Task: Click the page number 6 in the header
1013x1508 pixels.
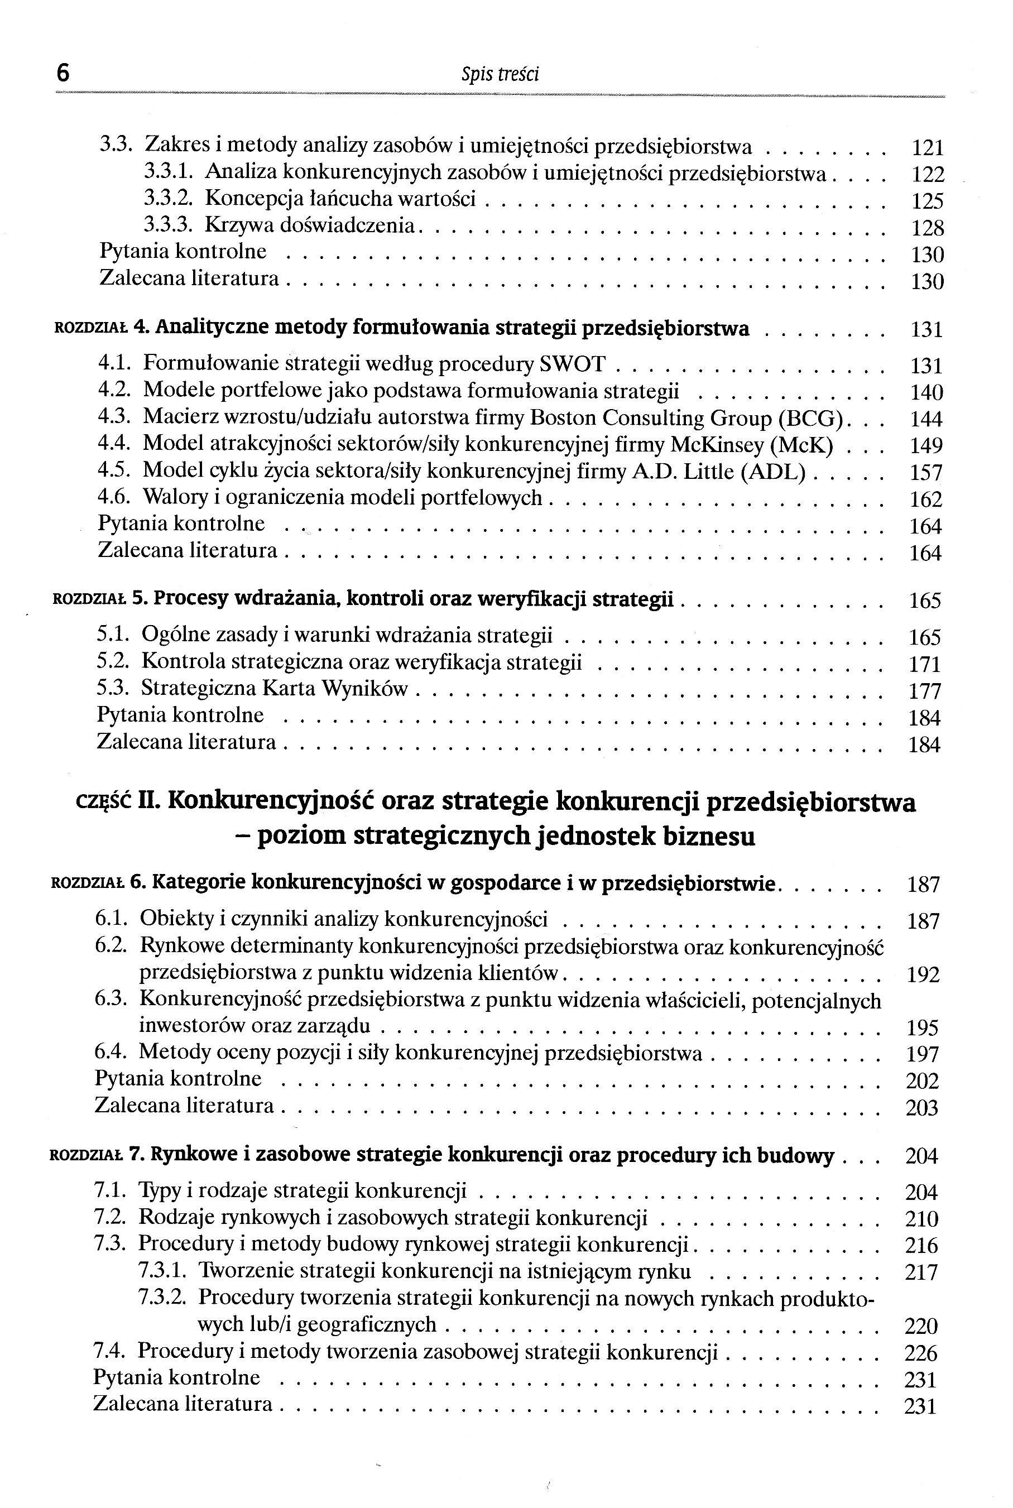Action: [63, 73]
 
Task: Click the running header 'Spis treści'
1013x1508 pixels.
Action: [500, 75]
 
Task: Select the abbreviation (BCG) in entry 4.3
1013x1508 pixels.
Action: [811, 419]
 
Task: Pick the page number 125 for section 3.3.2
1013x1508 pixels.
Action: [927, 201]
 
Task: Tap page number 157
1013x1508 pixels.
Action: [926, 473]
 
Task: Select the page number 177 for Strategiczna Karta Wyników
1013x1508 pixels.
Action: [924, 691]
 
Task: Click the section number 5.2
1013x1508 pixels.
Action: [113, 662]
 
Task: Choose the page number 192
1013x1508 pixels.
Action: [923, 974]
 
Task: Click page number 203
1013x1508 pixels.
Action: [922, 1108]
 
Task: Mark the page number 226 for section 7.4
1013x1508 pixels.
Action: [920, 1353]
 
